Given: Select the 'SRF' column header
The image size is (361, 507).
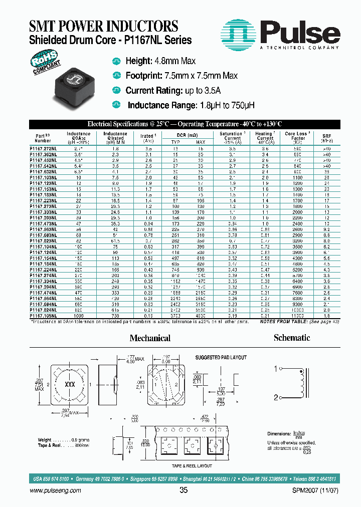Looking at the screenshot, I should pyautogui.click(x=327, y=136).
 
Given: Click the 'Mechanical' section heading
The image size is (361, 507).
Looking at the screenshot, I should pyautogui.click(x=150, y=338).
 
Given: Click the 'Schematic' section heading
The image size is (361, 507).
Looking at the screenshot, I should pyautogui.click(x=292, y=338).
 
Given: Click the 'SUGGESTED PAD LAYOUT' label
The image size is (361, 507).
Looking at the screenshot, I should pyautogui.click(x=220, y=357).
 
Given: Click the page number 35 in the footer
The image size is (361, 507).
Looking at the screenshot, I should pyautogui.click(x=183, y=491).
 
